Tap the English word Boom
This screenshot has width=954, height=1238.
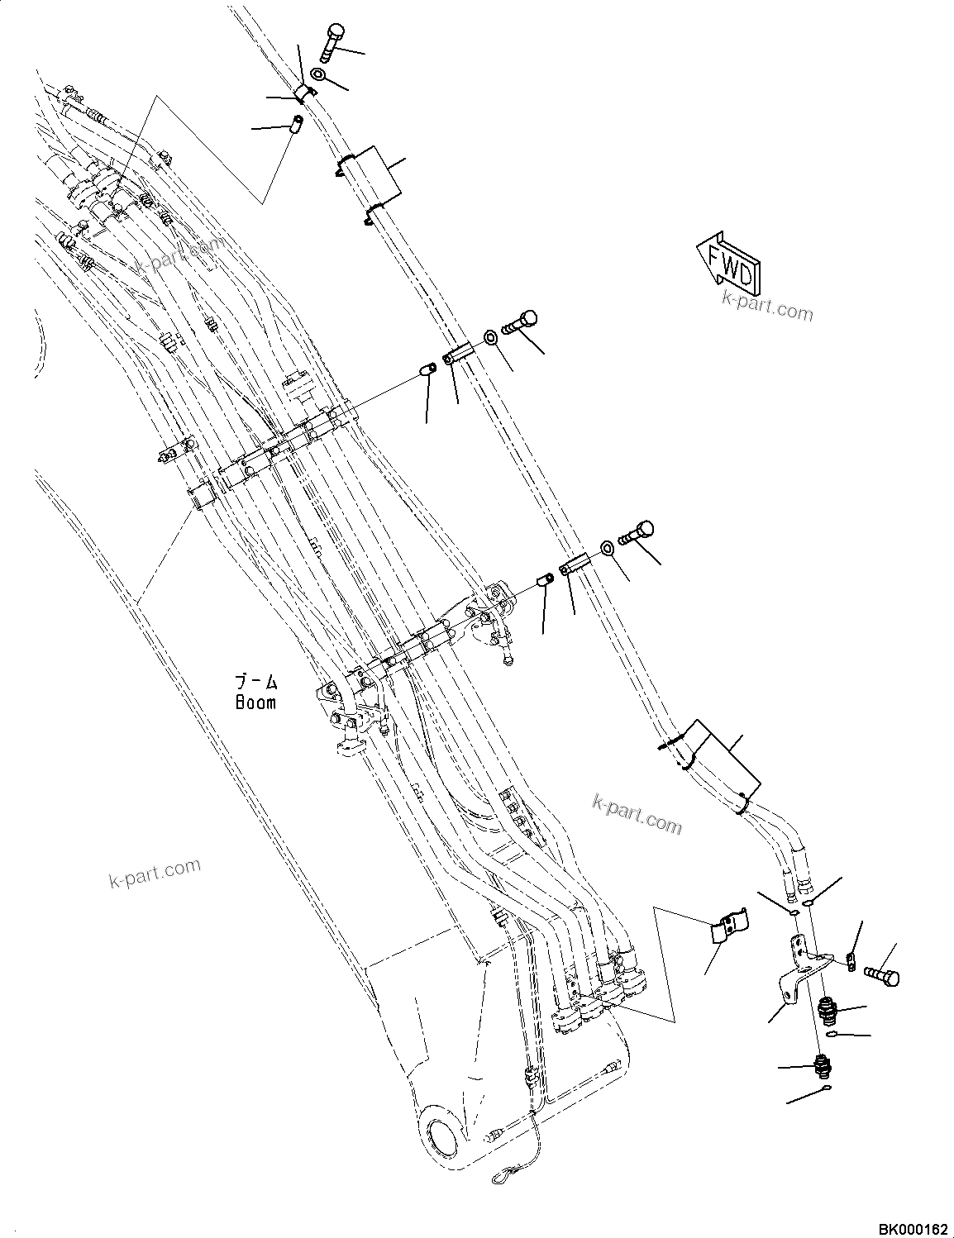pos(255,702)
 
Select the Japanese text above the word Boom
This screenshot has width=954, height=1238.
pos(255,683)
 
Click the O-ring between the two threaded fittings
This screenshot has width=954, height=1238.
pos(831,1035)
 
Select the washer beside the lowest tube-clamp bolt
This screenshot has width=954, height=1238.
pos(608,547)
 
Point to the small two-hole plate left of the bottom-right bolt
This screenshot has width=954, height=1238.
pos(850,960)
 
